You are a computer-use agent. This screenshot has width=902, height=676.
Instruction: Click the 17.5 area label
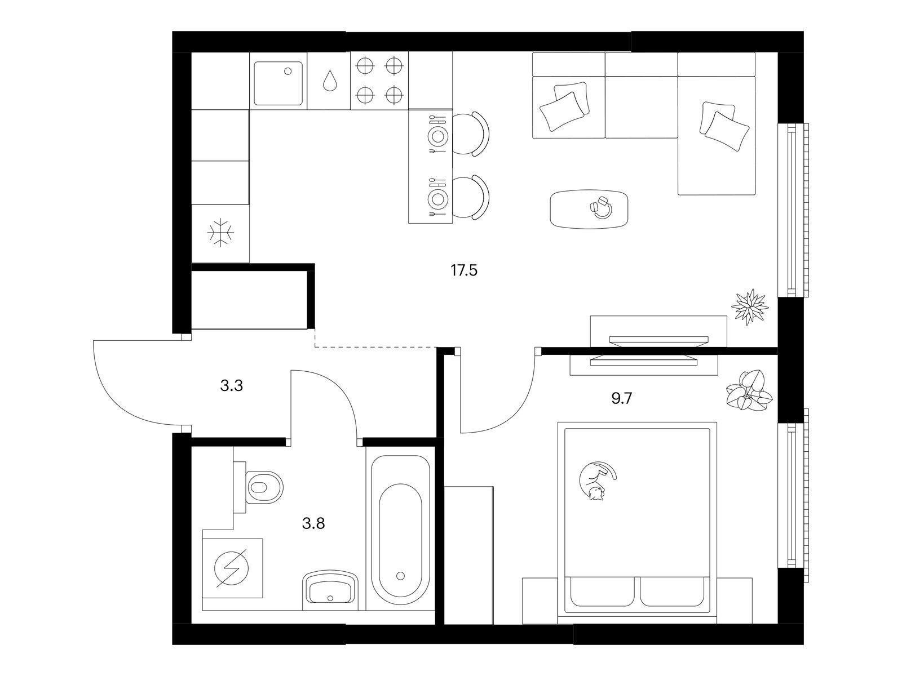(463, 271)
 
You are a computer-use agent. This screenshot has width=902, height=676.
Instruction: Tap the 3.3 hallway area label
(231, 386)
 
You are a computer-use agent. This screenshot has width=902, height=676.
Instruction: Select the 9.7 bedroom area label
(621, 398)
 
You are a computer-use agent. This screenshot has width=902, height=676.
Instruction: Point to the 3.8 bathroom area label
(313, 523)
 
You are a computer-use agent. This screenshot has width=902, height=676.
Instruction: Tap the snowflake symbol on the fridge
(220, 233)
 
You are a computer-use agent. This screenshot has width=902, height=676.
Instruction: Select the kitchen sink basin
(278, 83)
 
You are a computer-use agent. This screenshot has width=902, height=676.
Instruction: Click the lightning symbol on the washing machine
(232, 568)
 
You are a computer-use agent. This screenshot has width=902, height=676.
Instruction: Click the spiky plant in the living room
(750, 307)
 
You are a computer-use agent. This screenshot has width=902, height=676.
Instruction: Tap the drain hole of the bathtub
(401, 576)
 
